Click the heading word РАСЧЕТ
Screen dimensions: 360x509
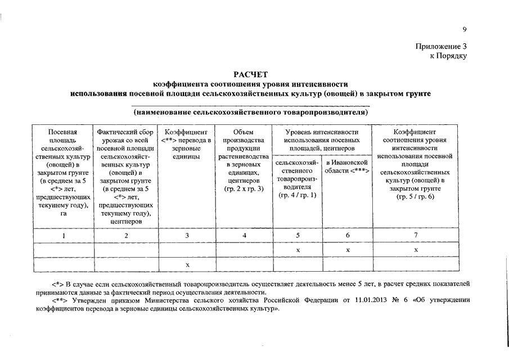tap(251, 74)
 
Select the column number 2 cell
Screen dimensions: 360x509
tap(126, 235)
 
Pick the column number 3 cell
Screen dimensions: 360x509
tap(187, 235)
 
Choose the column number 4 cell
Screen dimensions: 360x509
tap(244, 235)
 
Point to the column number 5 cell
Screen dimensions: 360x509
tap(298, 235)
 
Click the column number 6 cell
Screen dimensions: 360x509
tap(348, 235)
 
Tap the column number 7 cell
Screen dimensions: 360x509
tap(416, 235)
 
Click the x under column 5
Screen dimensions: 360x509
tap(298, 249)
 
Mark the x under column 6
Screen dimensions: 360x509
tap(348, 249)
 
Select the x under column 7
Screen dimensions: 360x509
tap(416, 249)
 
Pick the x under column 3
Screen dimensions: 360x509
tap(187, 264)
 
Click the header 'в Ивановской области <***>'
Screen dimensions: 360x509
tap(348, 166)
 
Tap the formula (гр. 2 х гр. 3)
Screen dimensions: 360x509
tap(244, 189)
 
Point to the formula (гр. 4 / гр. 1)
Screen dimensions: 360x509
tap(298, 195)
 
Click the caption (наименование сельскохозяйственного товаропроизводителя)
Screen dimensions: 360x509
tap(251, 112)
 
